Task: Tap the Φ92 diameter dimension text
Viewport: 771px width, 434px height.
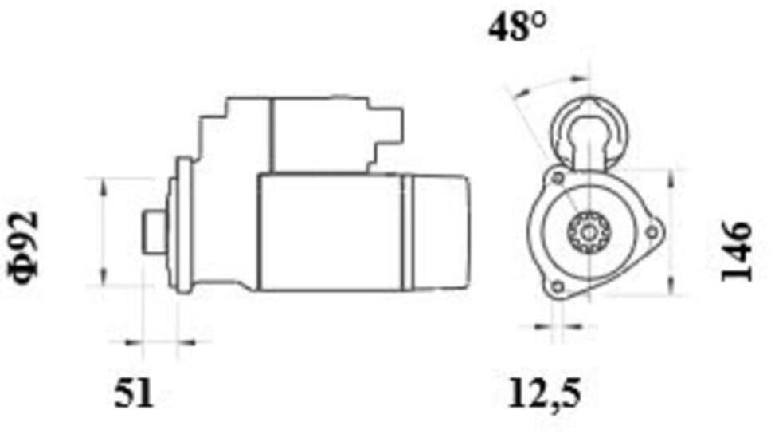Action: [23, 248]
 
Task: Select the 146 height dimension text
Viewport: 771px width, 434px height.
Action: [736, 252]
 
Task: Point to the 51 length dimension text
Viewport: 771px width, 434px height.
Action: [134, 394]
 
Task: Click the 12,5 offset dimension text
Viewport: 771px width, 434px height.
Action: [544, 393]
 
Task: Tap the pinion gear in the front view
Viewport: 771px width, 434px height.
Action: [589, 231]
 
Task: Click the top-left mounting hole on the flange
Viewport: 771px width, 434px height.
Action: [558, 177]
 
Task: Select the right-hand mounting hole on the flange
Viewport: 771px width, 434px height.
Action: [651, 231]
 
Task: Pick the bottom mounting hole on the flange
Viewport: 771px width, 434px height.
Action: [558, 286]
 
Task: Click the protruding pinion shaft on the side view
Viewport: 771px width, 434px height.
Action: [155, 231]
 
